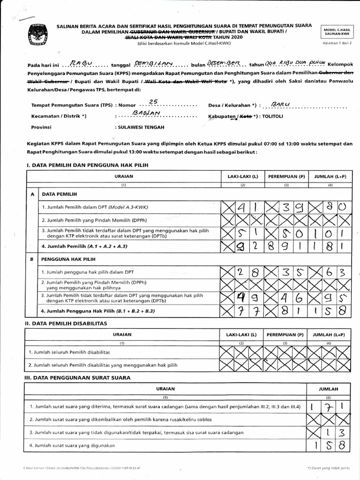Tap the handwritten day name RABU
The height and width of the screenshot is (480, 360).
click(x=81, y=64)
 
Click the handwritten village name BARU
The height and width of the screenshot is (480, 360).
click(x=281, y=104)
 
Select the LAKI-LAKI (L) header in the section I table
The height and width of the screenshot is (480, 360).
click(x=242, y=176)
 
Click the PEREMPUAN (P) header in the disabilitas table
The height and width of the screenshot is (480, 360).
click(x=285, y=334)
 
